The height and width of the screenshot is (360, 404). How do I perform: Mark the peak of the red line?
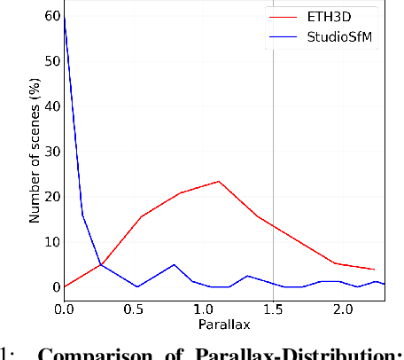pyautogui.click(x=219, y=181)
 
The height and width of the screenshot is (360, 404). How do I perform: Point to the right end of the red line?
pyautogui.click(x=374, y=270)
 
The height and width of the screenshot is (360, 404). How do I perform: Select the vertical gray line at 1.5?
pyautogui.click(x=273, y=133)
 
